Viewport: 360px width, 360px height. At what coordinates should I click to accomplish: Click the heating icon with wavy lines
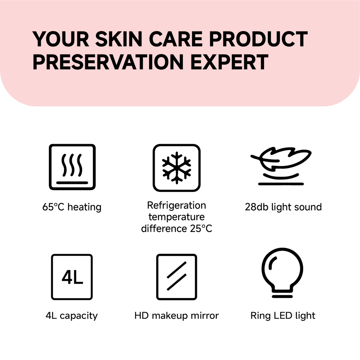pos(72,167)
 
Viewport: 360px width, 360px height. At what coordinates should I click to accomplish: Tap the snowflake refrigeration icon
pos(176,168)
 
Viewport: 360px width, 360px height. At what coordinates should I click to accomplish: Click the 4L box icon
pos(72,277)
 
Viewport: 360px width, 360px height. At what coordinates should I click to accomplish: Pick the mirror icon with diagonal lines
pos(176,277)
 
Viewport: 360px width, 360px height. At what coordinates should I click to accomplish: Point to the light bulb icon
pos(282,272)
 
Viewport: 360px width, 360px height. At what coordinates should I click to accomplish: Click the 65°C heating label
pos(72,207)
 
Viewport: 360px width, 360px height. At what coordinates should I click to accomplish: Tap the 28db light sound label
pos(283,207)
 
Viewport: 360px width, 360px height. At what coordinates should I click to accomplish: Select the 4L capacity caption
pos(72,316)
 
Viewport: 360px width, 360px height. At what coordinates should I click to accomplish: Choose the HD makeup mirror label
pos(176,316)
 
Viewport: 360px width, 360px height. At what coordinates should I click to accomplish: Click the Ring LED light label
pos(283,316)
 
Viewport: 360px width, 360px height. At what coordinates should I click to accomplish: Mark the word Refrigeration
pos(176,205)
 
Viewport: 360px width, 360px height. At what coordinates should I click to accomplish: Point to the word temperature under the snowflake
pos(176,217)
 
